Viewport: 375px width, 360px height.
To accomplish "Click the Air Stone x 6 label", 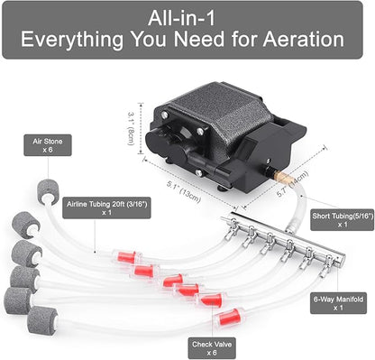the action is click(48, 145).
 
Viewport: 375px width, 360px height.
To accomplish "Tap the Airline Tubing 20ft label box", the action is click(106, 208).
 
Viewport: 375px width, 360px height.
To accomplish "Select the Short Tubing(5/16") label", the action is click(343, 220).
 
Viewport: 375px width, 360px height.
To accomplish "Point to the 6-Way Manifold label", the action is click(338, 303).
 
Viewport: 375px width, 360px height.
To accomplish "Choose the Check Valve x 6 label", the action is click(212, 348).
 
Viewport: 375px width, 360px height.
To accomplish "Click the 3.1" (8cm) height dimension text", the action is click(131, 129).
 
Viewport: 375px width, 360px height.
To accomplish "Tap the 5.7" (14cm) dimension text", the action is click(292, 184).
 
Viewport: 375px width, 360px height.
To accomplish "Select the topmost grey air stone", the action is click(48, 192).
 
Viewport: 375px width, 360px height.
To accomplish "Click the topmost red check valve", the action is click(126, 257).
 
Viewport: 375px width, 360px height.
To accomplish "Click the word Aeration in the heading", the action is click(304, 40).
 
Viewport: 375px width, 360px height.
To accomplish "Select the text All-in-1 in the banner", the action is click(182, 18).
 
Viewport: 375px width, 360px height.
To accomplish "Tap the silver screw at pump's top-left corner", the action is click(164, 115).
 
